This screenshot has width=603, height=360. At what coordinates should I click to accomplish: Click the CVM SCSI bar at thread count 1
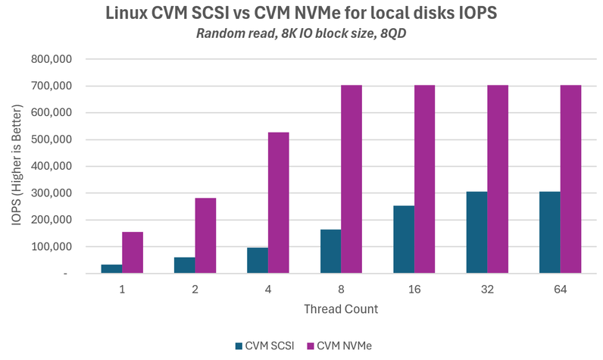click(x=111, y=269)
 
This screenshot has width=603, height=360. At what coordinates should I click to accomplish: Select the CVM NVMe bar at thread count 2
click(x=205, y=235)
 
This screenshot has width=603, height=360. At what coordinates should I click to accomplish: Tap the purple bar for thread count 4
click(x=278, y=202)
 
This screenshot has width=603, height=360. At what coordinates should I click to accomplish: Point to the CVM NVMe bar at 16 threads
click(x=424, y=179)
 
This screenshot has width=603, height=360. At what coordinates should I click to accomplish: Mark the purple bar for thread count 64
click(x=570, y=179)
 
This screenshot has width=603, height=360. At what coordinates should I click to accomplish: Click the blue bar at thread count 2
click(x=184, y=265)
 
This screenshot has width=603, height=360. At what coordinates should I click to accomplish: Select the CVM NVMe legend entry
click(x=344, y=346)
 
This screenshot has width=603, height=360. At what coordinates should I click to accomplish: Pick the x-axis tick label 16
click(x=414, y=290)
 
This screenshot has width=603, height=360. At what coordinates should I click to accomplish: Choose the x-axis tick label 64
click(x=560, y=290)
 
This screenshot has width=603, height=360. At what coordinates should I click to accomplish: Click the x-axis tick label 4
click(x=268, y=290)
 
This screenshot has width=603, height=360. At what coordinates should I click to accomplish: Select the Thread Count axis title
click(x=341, y=309)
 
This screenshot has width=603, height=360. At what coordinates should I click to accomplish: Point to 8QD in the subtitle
click(x=392, y=33)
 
